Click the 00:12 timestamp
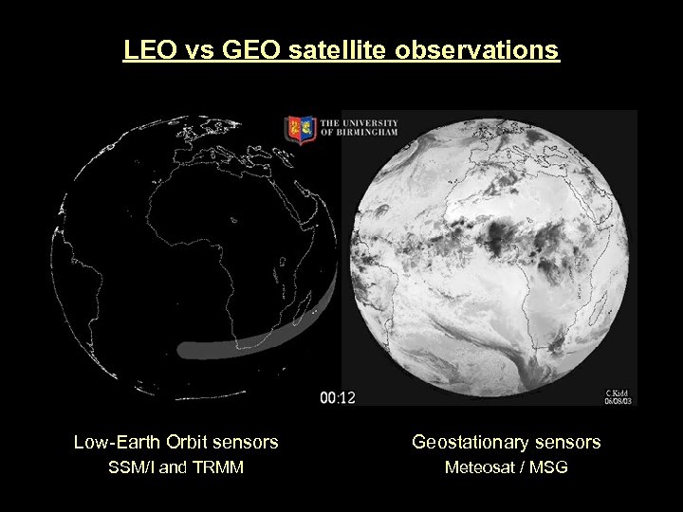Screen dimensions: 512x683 (338, 397)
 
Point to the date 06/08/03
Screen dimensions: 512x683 (618, 400)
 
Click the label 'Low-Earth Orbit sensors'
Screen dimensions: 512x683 (176, 442)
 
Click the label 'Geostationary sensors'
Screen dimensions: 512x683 (506, 442)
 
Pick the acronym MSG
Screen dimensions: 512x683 (550, 467)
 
